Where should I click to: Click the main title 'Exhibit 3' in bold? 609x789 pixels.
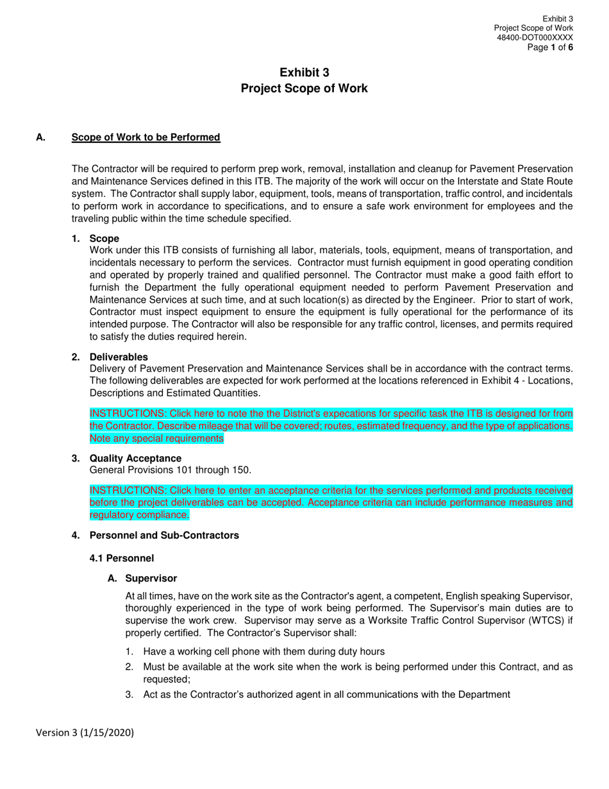[304, 73]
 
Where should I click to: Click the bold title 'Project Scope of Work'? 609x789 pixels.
[304, 89]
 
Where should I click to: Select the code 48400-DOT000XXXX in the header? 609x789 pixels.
[535, 38]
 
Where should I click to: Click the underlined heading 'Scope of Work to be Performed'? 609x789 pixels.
[146, 137]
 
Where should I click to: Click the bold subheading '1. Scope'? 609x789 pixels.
[104, 239]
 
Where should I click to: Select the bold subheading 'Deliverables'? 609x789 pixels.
[119, 357]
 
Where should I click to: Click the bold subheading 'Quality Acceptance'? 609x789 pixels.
[135, 458]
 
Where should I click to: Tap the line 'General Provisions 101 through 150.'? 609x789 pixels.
[171, 470]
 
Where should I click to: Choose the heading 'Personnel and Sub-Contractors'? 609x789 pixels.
[164, 535]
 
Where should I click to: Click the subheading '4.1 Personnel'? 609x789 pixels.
[122, 559]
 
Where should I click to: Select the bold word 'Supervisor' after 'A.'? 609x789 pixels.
[151, 579]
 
